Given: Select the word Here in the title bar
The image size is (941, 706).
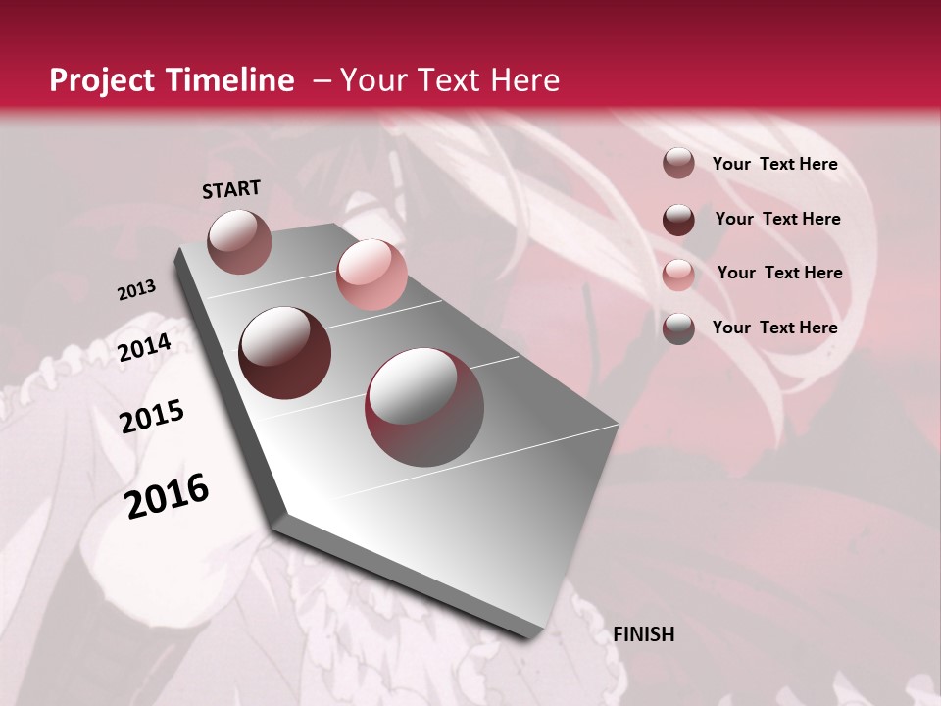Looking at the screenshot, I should click(524, 80).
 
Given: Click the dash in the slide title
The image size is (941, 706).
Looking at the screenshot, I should click(322, 80).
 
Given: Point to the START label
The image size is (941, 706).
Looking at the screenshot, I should click(231, 189).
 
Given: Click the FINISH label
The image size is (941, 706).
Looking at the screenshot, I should click(644, 634).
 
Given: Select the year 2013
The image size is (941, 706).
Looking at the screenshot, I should click(137, 290).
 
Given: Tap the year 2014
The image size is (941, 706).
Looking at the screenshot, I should click(145, 347).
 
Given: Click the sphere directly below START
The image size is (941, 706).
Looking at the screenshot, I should click(240, 241).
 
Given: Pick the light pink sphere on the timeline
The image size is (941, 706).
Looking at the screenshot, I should click(371, 275).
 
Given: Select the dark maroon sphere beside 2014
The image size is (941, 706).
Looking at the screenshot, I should click(285, 353).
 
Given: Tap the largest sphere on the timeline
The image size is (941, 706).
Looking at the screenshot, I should click(424, 407).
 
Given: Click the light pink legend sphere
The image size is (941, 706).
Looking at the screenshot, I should click(678, 274).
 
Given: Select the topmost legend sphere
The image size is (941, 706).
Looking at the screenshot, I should click(678, 163).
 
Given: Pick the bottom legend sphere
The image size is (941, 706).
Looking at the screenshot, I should click(678, 328).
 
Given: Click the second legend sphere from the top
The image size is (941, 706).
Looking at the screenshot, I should click(678, 219).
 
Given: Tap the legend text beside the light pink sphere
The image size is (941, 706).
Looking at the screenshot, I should click(779, 273).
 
